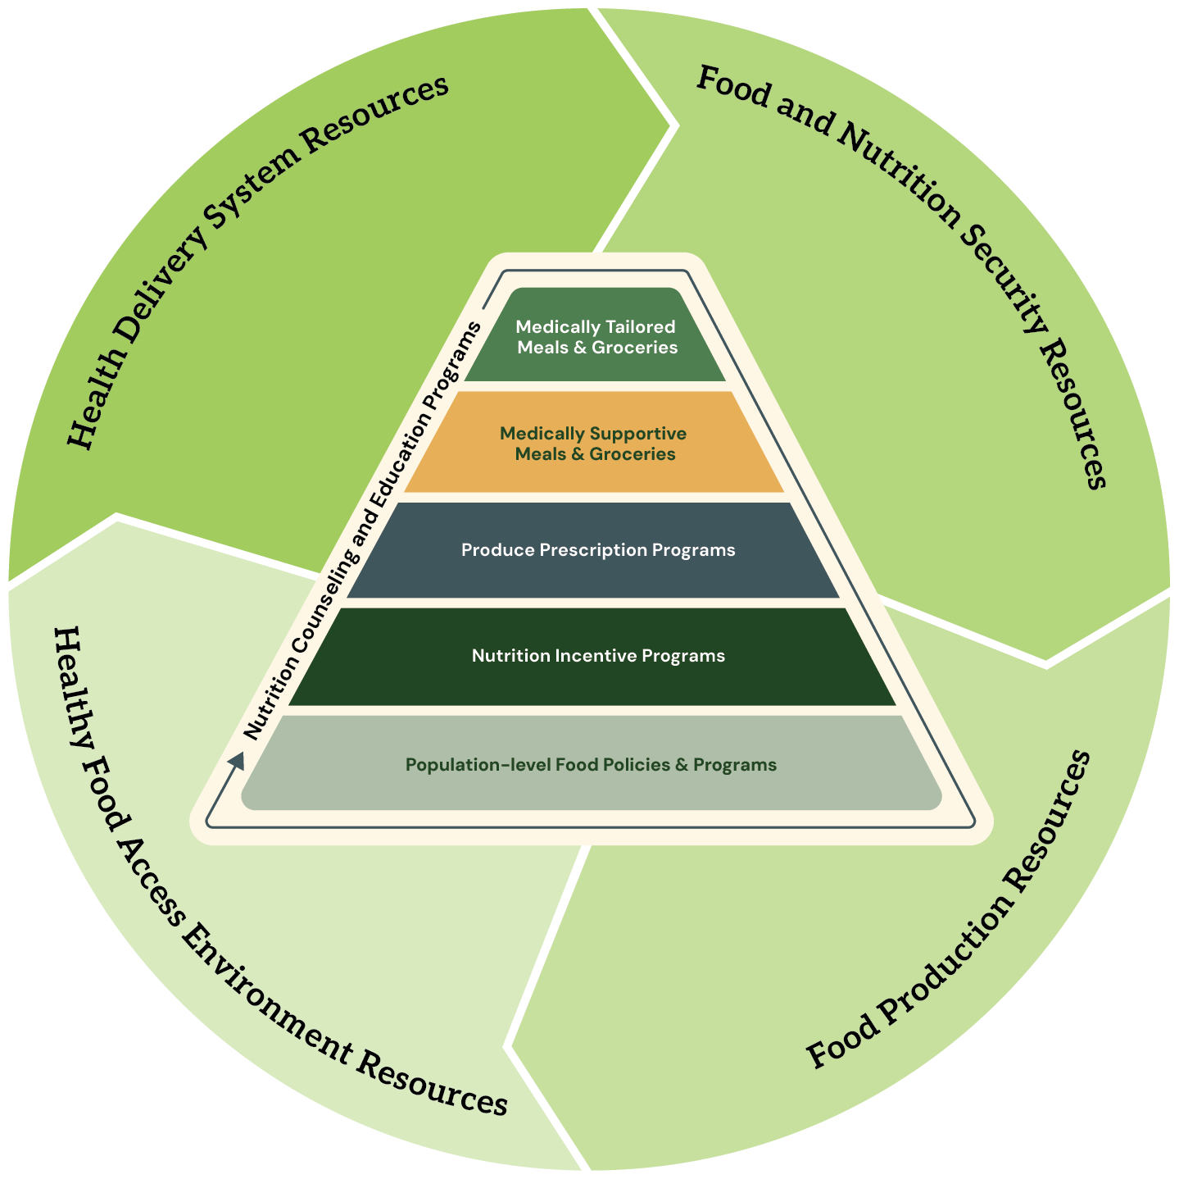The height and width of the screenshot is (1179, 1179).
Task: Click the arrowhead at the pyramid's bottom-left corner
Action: pyautogui.click(x=237, y=761)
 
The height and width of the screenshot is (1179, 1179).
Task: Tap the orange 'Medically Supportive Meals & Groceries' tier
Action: pyautogui.click(x=594, y=443)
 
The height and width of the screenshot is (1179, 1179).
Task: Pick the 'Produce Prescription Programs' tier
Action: pyautogui.click(x=597, y=550)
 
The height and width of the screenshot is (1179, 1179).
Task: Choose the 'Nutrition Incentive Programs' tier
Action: pyautogui.click(x=597, y=656)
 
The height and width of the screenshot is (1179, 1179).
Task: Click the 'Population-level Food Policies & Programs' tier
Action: pyautogui.click(x=591, y=765)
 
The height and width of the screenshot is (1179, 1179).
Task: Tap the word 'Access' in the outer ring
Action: pyautogui.click(x=152, y=885)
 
